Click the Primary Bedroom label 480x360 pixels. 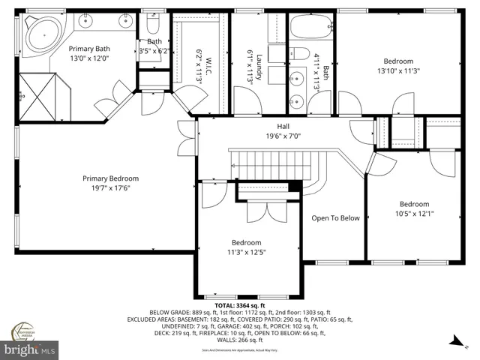pyautogui.click(x=110, y=178)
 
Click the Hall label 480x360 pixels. pyautogui.click(x=283, y=127)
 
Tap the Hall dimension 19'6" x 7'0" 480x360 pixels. pyautogui.click(x=283, y=136)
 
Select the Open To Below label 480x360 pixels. pyautogui.click(x=335, y=218)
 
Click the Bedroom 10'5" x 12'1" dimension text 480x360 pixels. pyautogui.click(x=413, y=214)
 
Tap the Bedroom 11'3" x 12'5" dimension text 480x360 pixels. pyautogui.click(x=245, y=252)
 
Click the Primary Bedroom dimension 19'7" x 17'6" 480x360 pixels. pyautogui.click(x=110, y=188)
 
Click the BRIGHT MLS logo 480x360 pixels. pyautogui.click(x=31, y=349)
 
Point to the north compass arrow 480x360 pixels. pyautogui.click(x=454, y=342)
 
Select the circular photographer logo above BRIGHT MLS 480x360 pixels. pyautogui.click(x=24, y=331)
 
